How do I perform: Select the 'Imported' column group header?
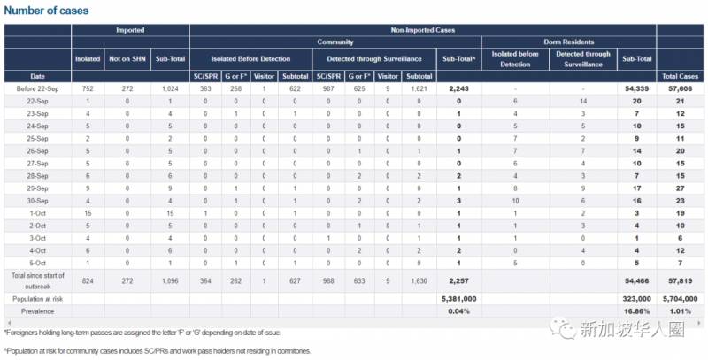point(130,30)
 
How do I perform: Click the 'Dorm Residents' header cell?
point(567,42)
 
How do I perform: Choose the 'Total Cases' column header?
point(680,76)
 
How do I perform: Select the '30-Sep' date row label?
point(37,201)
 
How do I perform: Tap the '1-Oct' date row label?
point(37,213)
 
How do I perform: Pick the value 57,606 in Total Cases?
point(680,89)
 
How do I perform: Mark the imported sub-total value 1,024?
point(169,89)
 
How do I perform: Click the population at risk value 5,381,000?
point(458,299)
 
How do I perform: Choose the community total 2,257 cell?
point(458,280)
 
